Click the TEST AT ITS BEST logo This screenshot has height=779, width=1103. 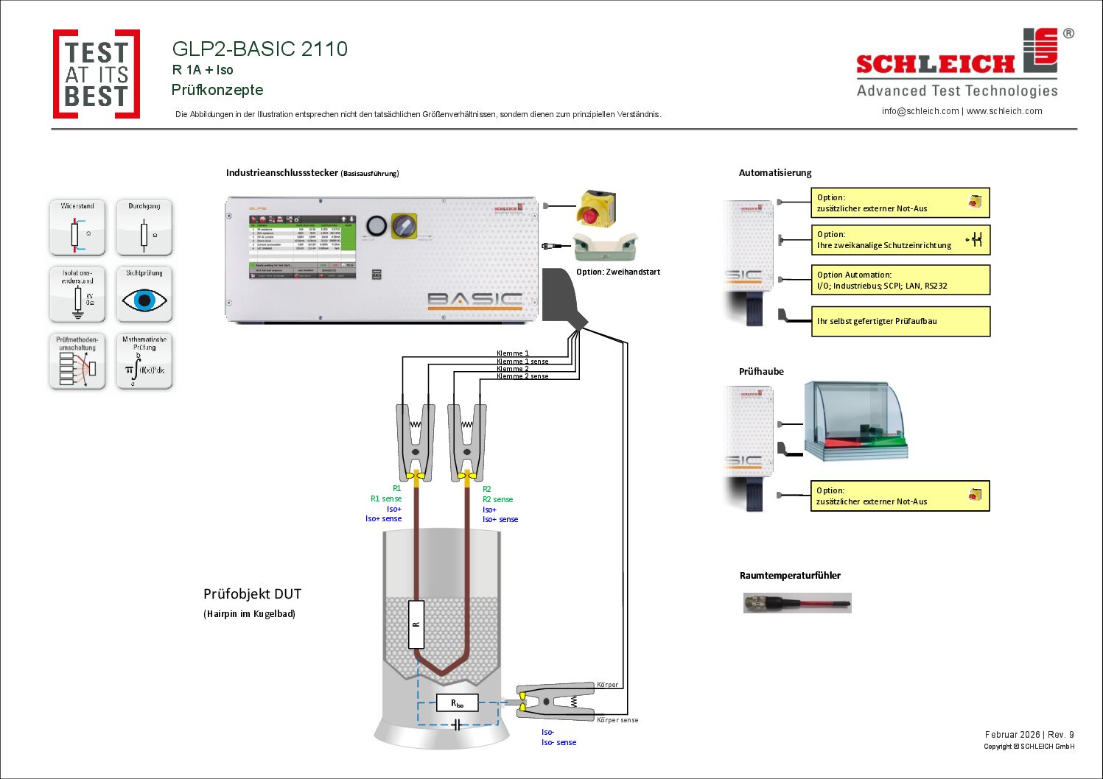coord(97,74)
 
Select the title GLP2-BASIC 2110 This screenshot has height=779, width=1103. coord(259,49)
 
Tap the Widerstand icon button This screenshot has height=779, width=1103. coord(77,228)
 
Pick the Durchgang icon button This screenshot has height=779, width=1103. coord(144,228)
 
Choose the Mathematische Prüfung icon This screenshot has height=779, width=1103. coord(144,362)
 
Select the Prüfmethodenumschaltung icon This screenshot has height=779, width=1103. coord(77,362)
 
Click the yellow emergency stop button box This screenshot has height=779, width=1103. coord(596,208)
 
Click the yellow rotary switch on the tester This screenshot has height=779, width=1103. coord(404,225)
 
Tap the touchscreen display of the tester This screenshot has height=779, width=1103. coord(302,247)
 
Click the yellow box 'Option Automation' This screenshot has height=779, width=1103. coord(900,280)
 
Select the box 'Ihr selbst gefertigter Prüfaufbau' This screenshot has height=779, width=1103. coord(900,321)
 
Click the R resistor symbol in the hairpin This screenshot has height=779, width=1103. coord(416,624)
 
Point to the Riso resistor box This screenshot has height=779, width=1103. coord(457,703)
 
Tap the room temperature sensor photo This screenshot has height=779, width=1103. coord(797,603)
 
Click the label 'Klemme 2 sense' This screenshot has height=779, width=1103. coord(522,376)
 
